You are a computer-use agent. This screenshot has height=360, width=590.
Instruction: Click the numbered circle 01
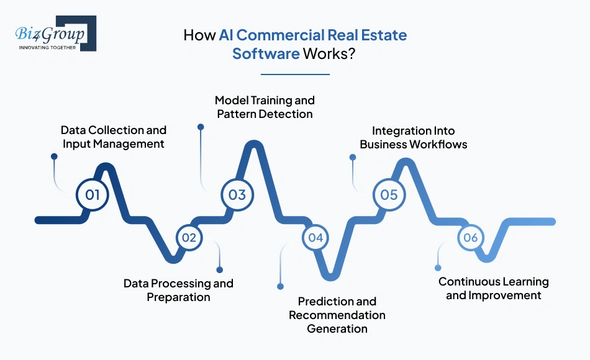tap(93, 194)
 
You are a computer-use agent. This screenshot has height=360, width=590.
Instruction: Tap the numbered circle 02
tap(189, 237)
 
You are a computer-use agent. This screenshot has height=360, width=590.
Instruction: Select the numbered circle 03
tap(237, 194)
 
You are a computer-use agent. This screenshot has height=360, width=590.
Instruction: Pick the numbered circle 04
tap(315, 237)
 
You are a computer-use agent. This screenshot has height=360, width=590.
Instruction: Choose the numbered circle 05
tap(389, 194)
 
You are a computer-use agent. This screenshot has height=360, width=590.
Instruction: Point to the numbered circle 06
tap(470, 237)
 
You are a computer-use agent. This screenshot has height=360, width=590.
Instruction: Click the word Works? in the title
tap(329, 53)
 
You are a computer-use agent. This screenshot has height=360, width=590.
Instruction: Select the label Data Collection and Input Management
tap(114, 137)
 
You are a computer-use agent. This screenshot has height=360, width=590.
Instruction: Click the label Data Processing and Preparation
tap(178, 290)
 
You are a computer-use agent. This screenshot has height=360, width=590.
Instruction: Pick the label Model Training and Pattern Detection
tap(265, 107)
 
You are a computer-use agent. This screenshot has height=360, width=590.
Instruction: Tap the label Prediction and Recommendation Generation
tap(337, 315)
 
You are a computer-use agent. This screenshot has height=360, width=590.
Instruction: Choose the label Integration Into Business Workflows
tap(414, 138)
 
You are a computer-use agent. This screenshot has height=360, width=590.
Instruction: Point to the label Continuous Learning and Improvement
tap(494, 289)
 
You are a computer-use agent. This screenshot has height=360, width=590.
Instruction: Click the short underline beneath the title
tap(295, 74)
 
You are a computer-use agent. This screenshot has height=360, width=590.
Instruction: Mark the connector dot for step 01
tap(54, 157)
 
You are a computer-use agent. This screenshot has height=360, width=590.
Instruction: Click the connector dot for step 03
tap(201, 127)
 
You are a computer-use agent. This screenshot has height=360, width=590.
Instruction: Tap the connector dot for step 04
tap(280, 286)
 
